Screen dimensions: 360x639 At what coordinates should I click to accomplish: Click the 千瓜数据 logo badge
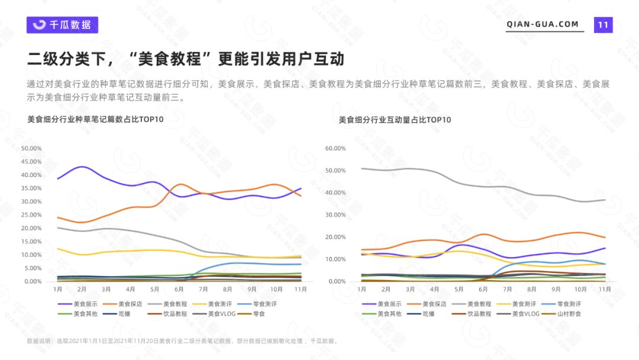(x=62, y=24)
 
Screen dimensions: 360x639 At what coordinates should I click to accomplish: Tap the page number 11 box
(x=603, y=24)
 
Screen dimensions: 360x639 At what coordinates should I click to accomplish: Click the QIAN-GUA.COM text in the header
(x=543, y=24)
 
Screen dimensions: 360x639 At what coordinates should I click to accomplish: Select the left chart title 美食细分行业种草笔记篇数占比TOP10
(x=95, y=120)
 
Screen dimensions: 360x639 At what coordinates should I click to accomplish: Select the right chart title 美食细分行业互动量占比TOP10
(x=395, y=120)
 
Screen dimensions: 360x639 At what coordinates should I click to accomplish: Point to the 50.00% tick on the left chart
(x=31, y=148)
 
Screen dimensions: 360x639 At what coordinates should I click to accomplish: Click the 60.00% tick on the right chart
(x=335, y=148)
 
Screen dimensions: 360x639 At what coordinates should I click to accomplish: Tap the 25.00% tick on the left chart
(x=31, y=215)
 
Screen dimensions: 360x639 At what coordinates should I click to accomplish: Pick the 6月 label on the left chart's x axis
(x=179, y=289)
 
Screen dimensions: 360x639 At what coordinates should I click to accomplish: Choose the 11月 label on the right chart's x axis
(x=604, y=289)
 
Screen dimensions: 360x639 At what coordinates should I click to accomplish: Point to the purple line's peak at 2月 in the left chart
(x=82, y=167)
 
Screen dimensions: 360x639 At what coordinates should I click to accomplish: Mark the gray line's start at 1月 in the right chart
(x=362, y=168)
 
